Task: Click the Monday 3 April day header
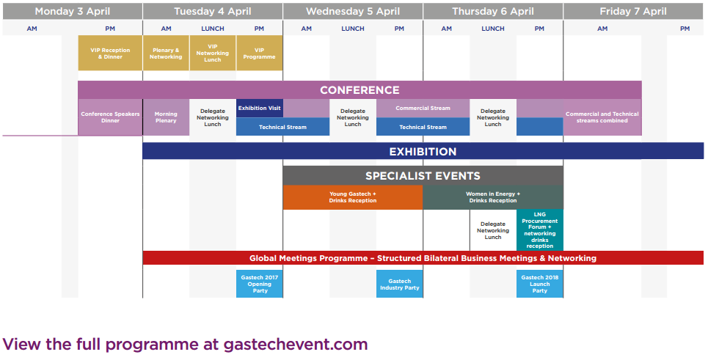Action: [x=72, y=11]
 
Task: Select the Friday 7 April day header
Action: [x=633, y=11]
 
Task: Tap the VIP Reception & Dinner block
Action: [x=110, y=54]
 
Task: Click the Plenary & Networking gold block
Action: [x=166, y=54]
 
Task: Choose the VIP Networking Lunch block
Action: [x=213, y=54]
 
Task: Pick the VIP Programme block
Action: [x=259, y=54]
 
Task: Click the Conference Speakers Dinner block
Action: [x=110, y=117]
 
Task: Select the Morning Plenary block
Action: [x=166, y=117]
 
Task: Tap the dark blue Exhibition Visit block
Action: [x=260, y=109]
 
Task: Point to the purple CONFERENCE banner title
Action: [x=360, y=90]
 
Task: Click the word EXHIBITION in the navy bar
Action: [x=423, y=152]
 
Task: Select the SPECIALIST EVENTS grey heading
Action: [x=423, y=176]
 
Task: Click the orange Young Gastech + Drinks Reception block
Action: [x=353, y=197]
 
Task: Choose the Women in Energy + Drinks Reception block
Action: [x=493, y=197]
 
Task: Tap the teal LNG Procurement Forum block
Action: [x=539, y=230]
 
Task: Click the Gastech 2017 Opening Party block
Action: [x=260, y=284]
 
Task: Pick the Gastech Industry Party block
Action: [x=400, y=284]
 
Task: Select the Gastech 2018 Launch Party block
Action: [x=539, y=284]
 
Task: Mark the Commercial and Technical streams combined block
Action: [x=602, y=117]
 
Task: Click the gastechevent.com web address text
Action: [x=296, y=345]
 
